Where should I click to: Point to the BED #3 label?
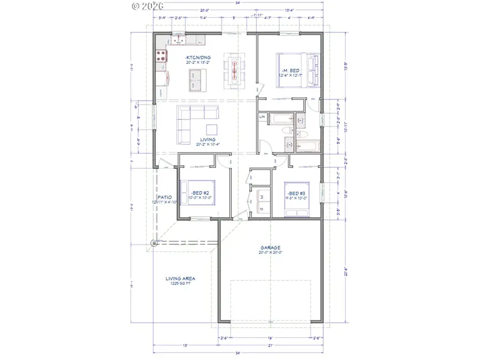coord(295,193)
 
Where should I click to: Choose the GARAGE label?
coord(271,247)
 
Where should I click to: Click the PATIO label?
coord(164,197)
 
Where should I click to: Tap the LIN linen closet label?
coord(262,117)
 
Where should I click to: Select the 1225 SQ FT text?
coord(180,284)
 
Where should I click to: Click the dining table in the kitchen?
coord(235,69)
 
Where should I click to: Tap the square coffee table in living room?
coord(212,129)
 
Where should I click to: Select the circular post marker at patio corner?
coord(154,243)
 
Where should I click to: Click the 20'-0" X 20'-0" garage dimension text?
coord(271,253)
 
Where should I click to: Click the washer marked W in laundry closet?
coord(262,196)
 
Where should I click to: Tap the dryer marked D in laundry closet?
coord(262,209)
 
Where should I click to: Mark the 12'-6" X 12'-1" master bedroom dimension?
coord(291,75)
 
